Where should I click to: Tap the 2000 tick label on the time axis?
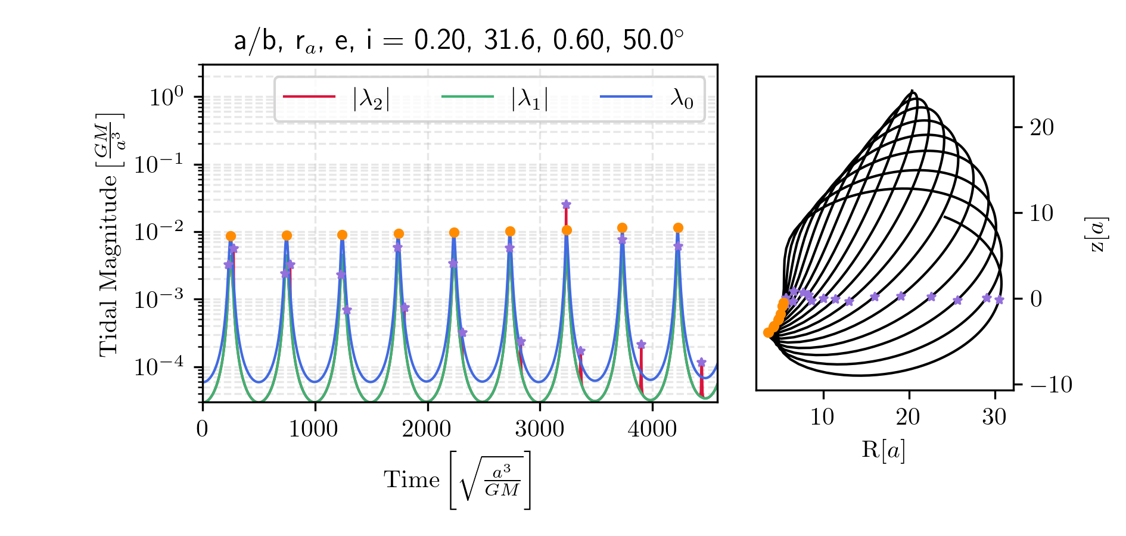427,429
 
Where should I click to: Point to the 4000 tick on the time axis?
652,429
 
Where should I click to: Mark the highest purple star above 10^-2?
566,205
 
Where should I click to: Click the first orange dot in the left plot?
231,236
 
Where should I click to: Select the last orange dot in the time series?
678,228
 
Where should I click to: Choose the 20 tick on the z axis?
1041,127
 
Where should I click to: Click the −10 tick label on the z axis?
1050,385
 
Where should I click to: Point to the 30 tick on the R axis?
994,417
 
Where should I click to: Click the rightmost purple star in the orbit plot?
999,300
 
